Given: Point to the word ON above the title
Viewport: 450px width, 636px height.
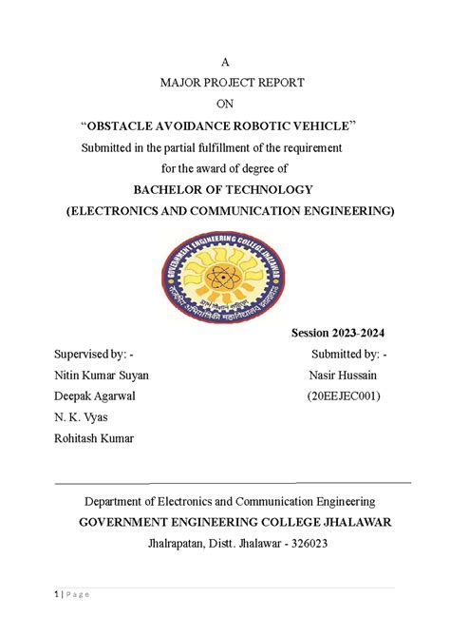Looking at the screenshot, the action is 225,104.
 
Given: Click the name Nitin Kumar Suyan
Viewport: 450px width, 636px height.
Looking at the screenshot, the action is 102,376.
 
